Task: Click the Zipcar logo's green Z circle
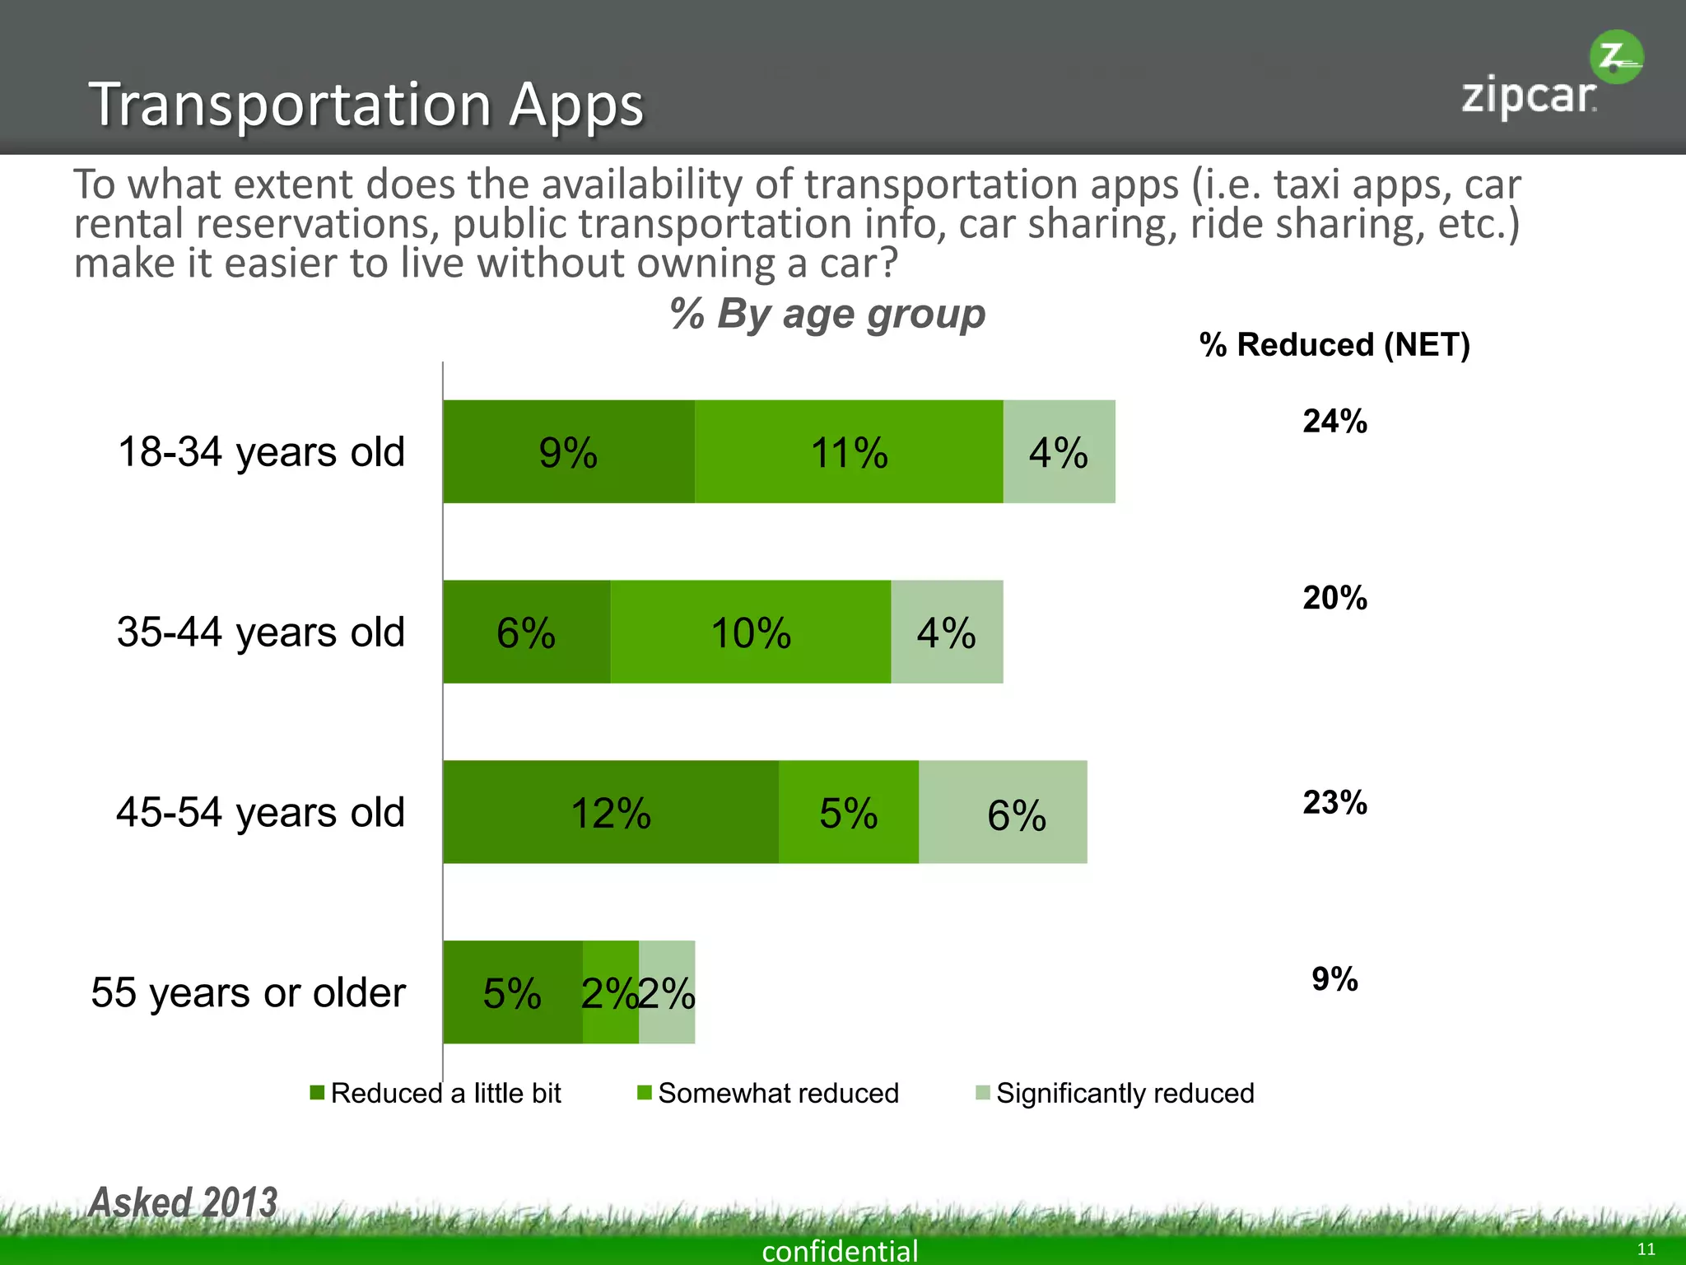click(x=1615, y=57)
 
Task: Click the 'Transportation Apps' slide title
click(x=366, y=105)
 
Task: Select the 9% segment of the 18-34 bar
click(x=569, y=452)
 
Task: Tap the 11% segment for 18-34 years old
click(x=849, y=452)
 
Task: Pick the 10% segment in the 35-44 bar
click(x=750, y=632)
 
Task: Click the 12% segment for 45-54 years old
click(x=611, y=813)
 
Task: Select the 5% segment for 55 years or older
click(x=512, y=992)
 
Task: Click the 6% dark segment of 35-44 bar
click(x=526, y=632)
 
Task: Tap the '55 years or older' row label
click(x=248, y=992)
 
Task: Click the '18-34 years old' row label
click(x=261, y=452)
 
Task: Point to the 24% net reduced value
click(x=1334, y=422)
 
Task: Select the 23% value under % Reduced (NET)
click(x=1334, y=803)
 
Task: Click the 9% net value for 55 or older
click(x=1334, y=979)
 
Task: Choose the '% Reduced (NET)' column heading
click(x=1334, y=345)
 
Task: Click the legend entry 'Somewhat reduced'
click(x=777, y=1094)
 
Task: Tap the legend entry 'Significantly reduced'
click(x=1124, y=1094)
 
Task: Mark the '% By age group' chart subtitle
click(x=827, y=315)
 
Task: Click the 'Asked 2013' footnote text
click(x=183, y=1202)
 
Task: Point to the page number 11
click(x=1646, y=1249)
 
